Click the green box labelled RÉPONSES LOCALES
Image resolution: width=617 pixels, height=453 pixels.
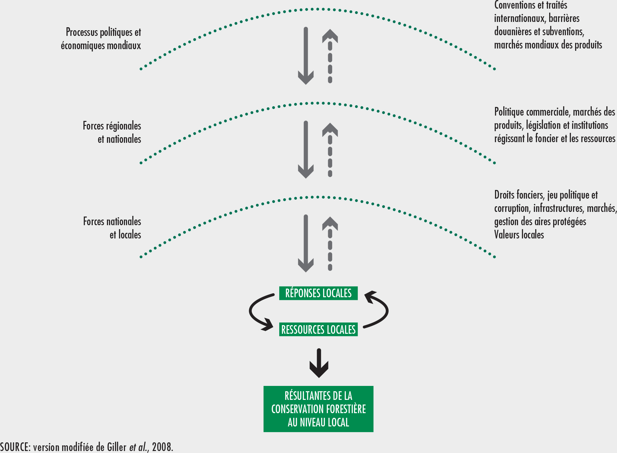(x=318, y=293)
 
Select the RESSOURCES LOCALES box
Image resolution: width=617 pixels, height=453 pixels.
(x=318, y=329)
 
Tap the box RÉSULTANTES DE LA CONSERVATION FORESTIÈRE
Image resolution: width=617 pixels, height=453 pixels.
(x=318, y=409)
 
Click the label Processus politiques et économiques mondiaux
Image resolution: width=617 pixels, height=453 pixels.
(x=101, y=39)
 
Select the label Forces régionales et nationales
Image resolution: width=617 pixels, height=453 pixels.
(x=112, y=133)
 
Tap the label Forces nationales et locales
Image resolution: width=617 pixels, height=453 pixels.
(x=112, y=228)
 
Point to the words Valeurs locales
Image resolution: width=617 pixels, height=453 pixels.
(x=519, y=235)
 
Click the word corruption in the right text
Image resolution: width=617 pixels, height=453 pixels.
(x=512, y=209)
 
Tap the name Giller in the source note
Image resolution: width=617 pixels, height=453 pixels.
(x=117, y=447)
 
